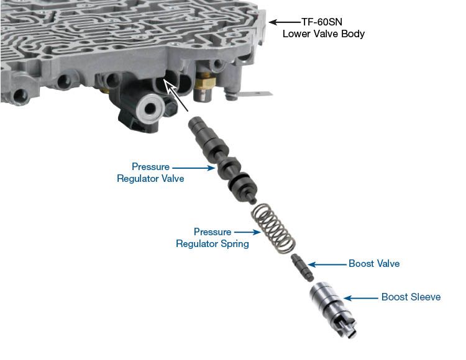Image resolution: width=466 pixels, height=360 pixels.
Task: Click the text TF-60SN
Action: (x=322, y=22)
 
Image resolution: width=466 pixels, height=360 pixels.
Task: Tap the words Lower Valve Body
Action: (x=323, y=34)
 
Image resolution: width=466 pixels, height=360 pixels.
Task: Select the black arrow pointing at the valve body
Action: (x=285, y=22)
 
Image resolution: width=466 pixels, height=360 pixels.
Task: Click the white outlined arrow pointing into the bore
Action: (x=176, y=95)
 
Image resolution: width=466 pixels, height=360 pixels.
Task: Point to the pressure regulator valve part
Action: (x=223, y=160)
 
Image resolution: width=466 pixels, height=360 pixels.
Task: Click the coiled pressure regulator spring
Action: (x=274, y=228)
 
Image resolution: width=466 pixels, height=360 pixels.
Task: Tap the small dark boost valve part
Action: (x=303, y=268)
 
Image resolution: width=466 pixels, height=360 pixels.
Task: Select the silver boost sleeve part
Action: (x=333, y=309)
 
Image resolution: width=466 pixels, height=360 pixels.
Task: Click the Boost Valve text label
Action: (x=374, y=264)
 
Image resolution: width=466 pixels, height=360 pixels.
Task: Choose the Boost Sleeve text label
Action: (x=411, y=297)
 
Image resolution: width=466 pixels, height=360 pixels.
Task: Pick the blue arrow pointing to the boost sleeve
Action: (x=361, y=298)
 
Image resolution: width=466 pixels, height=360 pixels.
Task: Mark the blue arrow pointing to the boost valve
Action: (x=327, y=264)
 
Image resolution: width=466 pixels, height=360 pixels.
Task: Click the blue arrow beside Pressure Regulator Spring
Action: (x=247, y=232)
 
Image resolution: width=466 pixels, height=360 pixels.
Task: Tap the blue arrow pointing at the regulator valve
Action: (x=193, y=168)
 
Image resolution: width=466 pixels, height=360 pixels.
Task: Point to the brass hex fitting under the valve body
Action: (x=206, y=81)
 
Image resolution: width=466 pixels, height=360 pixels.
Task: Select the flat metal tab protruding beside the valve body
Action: (x=255, y=94)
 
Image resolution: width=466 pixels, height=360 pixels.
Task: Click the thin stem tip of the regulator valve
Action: (x=253, y=201)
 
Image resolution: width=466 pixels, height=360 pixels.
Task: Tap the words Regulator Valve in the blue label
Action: (x=150, y=179)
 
